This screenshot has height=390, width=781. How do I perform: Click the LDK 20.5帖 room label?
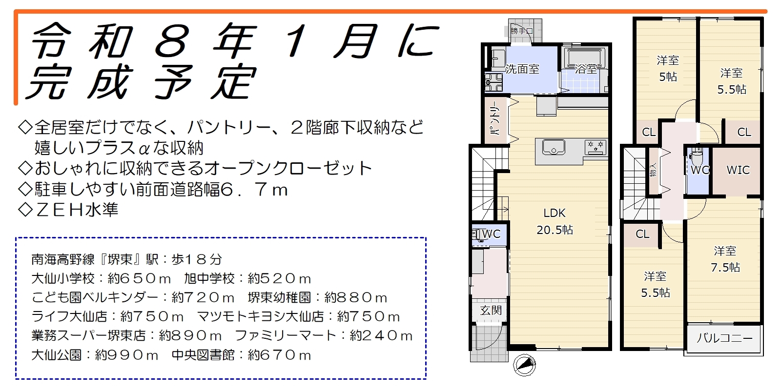coord(555,221)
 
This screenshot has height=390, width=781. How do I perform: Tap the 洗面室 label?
coord(522,69)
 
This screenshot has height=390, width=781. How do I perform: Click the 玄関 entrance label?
coord(491,310)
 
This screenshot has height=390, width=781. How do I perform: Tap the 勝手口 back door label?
coord(522,31)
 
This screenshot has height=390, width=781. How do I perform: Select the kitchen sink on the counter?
coord(554,147)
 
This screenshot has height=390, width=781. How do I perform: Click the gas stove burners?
coord(596,147)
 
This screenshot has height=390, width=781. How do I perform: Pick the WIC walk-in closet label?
coord(738,170)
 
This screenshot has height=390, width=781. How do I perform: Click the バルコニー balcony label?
coord(724,338)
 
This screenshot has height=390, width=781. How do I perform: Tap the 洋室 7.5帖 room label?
coord(725,259)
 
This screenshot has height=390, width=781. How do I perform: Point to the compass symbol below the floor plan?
coord(524,365)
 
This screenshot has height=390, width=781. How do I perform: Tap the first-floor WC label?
coord(491,234)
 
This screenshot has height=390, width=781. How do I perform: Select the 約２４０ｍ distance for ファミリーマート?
coord(381,336)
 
